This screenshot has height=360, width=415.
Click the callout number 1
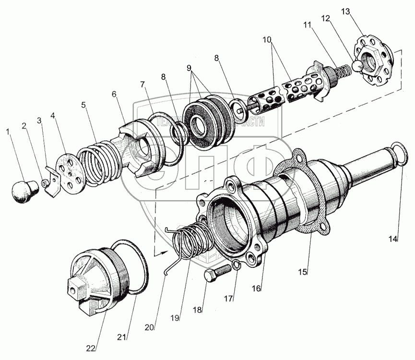point(8,131)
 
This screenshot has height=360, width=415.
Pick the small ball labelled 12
point(357,65)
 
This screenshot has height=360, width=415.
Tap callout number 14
point(393,239)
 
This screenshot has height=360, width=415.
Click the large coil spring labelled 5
point(98,161)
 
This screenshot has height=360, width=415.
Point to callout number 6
point(114,94)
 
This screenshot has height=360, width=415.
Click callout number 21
point(123,337)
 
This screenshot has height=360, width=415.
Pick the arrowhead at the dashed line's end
point(156,251)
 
